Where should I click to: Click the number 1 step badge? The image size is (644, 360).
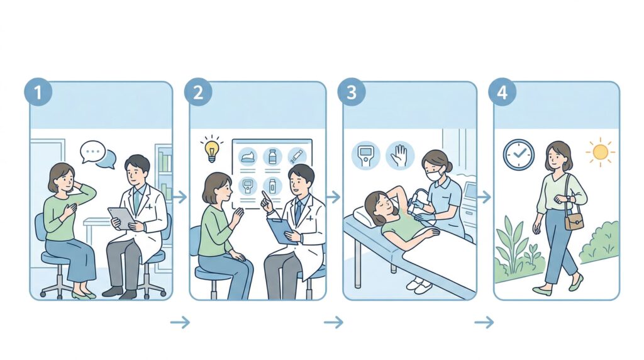pyautogui.click(x=38, y=92)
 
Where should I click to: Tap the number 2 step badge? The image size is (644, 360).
pyautogui.click(x=198, y=92)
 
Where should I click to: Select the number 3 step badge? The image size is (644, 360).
pyautogui.click(x=352, y=92)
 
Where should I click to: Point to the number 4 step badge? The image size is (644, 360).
pyautogui.click(x=502, y=92)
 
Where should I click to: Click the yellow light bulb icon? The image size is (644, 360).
pyautogui.click(x=211, y=150)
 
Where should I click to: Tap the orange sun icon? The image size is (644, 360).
pyautogui.click(x=600, y=152)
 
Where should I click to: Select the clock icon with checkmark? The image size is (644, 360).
pyautogui.click(x=519, y=154)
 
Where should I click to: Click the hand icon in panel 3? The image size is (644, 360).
pyautogui.click(x=399, y=155)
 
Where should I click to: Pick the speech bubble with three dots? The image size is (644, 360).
pyautogui.click(x=93, y=152)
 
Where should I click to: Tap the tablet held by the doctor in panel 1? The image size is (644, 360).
pyautogui.click(x=122, y=218)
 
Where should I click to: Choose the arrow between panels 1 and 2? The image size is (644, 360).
pyautogui.click(x=180, y=197)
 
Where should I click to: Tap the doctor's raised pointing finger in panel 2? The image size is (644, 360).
pyautogui.click(x=264, y=195)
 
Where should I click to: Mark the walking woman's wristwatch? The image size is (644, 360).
pyautogui.click(x=569, y=199)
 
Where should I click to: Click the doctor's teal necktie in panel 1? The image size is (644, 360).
pyautogui.click(x=136, y=201)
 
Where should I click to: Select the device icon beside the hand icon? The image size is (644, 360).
pyautogui.click(x=365, y=155)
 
